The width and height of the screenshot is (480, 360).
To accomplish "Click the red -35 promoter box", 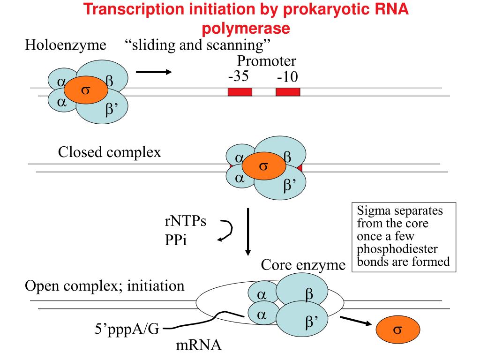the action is [x=240, y=92].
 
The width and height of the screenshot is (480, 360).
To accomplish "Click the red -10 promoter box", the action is [x=288, y=92].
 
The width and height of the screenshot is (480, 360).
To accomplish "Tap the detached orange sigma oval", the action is [x=397, y=330].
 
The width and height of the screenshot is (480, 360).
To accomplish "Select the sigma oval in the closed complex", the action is [x=264, y=166].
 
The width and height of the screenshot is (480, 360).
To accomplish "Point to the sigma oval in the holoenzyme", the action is [x=86, y=90].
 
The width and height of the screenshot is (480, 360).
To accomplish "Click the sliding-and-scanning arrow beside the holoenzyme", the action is [x=154, y=72].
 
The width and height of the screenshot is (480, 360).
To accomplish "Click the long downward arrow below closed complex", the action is [x=248, y=232].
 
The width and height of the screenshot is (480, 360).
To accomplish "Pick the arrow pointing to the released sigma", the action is [x=356, y=321].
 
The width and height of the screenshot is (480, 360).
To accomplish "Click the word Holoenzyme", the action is [x=66, y=45].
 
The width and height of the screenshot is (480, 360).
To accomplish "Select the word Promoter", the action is [x=267, y=61].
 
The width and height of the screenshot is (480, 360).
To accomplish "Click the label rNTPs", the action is [x=186, y=221].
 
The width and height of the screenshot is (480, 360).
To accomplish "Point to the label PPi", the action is [x=176, y=240].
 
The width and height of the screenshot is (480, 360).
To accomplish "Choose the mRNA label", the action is [x=198, y=345].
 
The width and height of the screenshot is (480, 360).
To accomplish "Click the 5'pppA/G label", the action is [x=127, y=329].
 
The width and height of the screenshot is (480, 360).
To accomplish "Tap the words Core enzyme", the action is [x=303, y=265].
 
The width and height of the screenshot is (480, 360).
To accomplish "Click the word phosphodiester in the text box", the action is [x=397, y=249].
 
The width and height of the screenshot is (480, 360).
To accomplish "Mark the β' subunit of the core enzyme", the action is [x=302, y=318].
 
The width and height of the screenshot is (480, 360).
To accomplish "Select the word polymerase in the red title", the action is [x=246, y=28].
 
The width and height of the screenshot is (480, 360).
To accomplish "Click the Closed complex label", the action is [x=109, y=152].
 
